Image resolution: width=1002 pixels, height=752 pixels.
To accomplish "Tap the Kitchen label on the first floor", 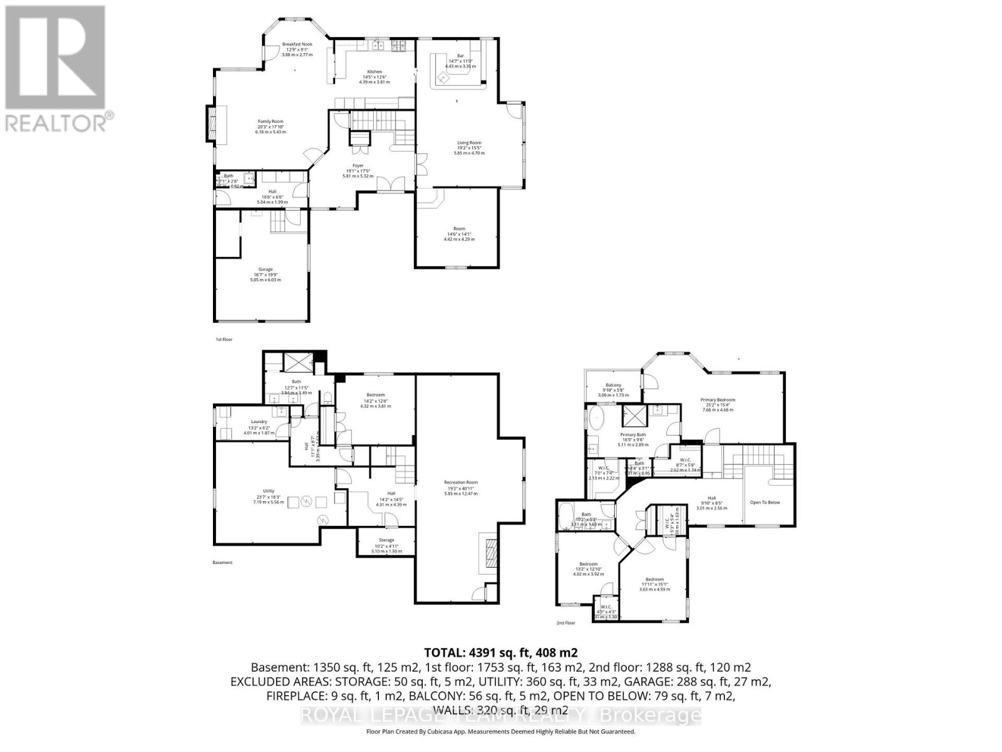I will (374, 72).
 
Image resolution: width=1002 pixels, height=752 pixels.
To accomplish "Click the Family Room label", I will (271, 122).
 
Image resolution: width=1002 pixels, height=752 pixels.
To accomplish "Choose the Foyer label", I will (358, 165).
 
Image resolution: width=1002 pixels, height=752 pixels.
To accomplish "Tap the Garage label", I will (266, 269).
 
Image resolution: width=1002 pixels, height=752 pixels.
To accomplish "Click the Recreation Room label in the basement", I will (461, 483).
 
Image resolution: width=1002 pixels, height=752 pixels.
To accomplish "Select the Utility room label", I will (268, 491).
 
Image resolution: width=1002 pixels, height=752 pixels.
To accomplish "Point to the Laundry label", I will (259, 422).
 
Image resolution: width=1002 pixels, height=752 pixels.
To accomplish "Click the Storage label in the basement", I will (386, 540).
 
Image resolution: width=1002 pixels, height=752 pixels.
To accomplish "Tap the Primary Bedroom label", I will (718, 400).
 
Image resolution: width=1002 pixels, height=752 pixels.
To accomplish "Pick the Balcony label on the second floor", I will (613, 385).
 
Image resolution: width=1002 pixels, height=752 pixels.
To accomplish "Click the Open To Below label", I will (765, 502).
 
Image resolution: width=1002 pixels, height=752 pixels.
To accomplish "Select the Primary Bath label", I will (633, 435).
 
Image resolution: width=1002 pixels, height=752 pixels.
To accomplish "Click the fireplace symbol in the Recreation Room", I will (488, 552).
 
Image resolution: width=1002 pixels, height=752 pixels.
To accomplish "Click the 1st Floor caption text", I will (224, 340).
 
